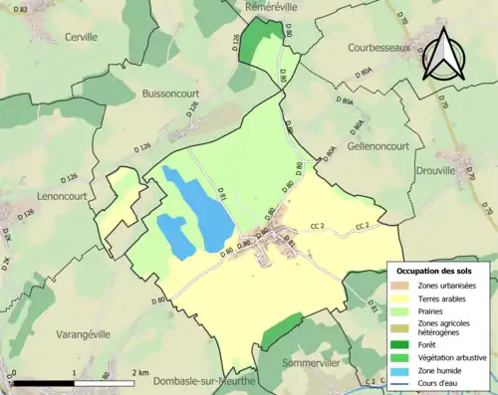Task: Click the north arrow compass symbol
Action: [x=445, y=55]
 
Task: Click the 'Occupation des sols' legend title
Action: [x=435, y=271]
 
